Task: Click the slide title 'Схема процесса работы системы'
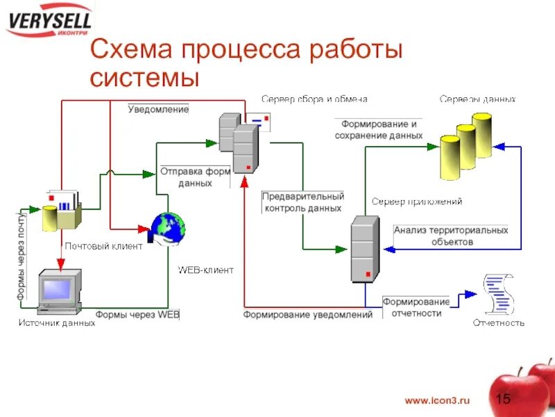pyautogui.click(x=246, y=63)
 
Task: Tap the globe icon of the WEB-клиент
pyautogui.click(x=168, y=228)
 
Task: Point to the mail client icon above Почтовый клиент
pyautogui.click(x=62, y=210)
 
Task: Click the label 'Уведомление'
pyautogui.click(x=159, y=109)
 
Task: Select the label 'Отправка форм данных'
pyautogui.click(x=195, y=177)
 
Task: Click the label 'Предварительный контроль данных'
pyautogui.click(x=303, y=202)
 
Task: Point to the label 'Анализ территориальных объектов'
pyautogui.click(x=451, y=236)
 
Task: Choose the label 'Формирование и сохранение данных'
pyautogui.click(x=378, y=130)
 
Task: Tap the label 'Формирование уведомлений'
pyautogui.click(x=307, y=315)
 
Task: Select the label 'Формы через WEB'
pyautogui.click(x=137, y=315)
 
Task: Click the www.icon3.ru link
pyautogui.click(x=437, y=400)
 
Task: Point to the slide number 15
pyautogui.click(x=504, y=399)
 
